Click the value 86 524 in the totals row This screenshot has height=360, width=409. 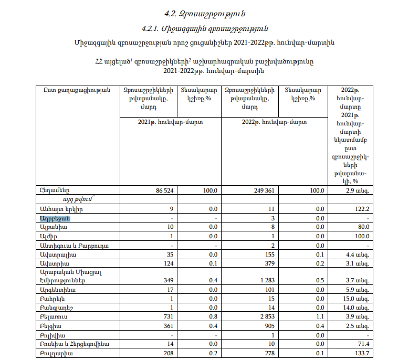165,190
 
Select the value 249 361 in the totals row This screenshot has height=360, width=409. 264,190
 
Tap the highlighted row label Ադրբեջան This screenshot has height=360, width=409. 54,218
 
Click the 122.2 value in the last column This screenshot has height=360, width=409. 363,209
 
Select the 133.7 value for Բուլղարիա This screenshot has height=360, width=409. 363,353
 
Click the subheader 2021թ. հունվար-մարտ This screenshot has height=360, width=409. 171,121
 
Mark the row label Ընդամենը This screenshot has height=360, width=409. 55,190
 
